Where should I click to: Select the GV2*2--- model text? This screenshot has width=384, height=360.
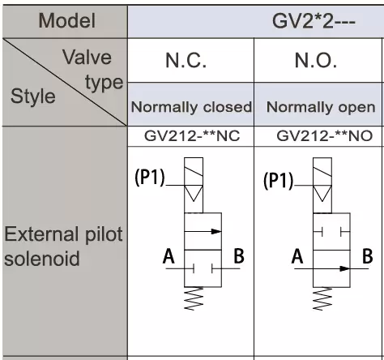pyautogui.click(x=314, y=21)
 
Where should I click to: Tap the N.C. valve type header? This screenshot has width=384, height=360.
pyautogui.click(x=186, y=60)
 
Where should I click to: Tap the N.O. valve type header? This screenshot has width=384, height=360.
pyautogui.click(x=316, y=60)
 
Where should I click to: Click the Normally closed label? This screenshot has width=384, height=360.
pyautogui.click(x=191, y=107)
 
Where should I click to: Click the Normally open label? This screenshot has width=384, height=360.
pyautogui.click(x=321, y=107)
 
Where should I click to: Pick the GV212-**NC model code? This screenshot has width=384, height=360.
pyautogui.click(x=192, y=135)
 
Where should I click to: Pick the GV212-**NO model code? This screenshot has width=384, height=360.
pyautogui.click(x=324, y=135)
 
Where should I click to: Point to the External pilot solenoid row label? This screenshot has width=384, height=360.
pyautogui.click(x=63, y=246)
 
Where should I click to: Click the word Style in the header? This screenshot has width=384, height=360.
pyautogui.click(x=33, y=96)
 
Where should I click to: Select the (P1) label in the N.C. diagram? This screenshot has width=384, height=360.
pyautogui.click(x=150, y=178)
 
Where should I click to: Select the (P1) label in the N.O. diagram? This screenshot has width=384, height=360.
pyautogui.click(x=278, y=180)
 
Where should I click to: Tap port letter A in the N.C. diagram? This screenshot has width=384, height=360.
pyautogui.click(x=169, y=256)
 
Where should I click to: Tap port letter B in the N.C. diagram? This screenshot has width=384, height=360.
pyautogui.click(x=239, y=255)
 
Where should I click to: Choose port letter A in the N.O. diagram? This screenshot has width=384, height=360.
pyautogui.click(x=297, y=256)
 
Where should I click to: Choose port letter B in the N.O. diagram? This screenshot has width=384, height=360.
pyautogui.click(x=367, y=255)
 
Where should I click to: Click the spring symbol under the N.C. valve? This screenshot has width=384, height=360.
pyautogui.click(x=194, y=298)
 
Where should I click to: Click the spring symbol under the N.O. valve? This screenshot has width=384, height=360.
pyautogui.click(x=322, y=298)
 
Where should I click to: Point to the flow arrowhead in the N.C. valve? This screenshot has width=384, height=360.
pyautogui.click(x=215, y=231)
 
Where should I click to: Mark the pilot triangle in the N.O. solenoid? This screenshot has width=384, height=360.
pyautogui.click(x=322, y=193)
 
